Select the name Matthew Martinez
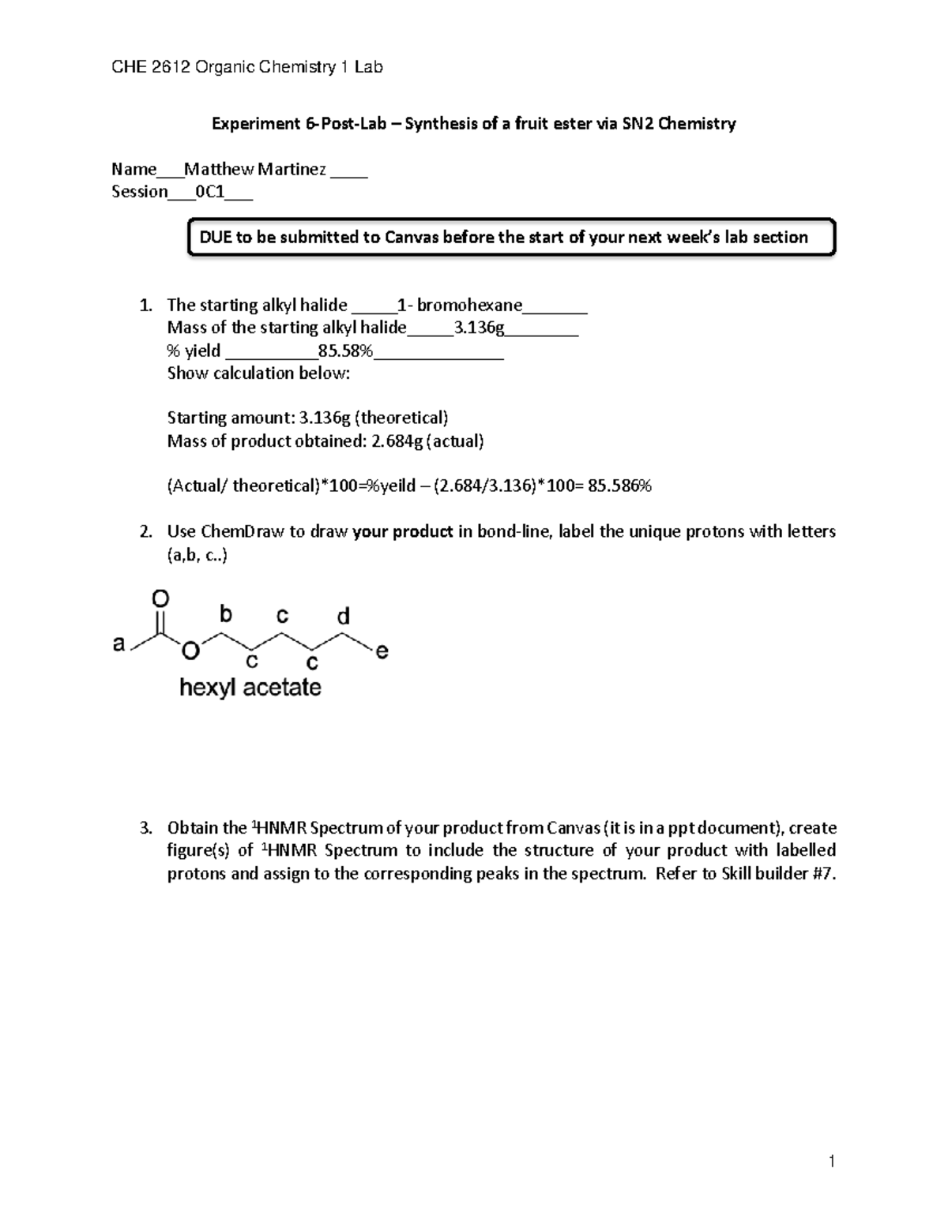coord(255,169)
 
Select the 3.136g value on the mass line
coord(479,328)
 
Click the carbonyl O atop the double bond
coord(160,600)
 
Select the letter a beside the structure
coord(118,645)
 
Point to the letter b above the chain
coord(226,613)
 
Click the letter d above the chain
coord(343,616)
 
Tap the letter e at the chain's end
coord(382,652)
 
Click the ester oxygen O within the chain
coord(190,652)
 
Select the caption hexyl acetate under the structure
coord(250,688)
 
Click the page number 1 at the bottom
coord(832,1160)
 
